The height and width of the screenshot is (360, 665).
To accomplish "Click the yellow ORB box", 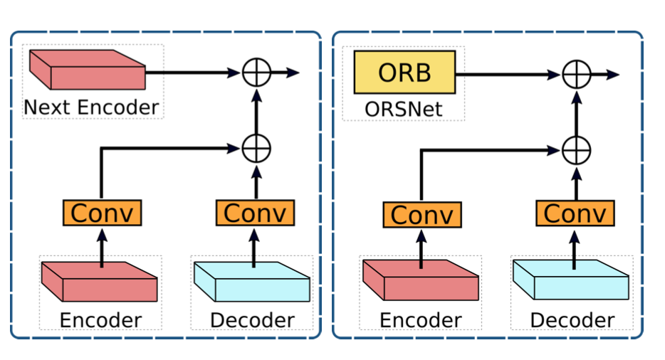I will (x=404, y=75).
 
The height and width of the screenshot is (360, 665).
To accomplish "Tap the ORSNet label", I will (x=404, y=109).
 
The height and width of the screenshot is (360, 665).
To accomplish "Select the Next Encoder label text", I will (x=91, y=107).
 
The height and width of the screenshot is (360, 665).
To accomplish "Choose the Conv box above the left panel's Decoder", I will (x=255, y=212).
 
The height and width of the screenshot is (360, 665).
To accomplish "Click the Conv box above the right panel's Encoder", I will (x=422, y=214).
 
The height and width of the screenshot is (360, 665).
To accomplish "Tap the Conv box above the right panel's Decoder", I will (x=575, y=213).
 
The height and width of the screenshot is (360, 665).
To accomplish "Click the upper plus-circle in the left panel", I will (x=256, y=73).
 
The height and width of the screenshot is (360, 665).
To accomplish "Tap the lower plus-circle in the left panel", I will (x=256, y=149).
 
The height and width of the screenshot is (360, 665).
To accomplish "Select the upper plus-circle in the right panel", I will (x=576, y=75).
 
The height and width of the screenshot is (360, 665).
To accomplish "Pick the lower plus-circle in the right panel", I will (x=576, y=150).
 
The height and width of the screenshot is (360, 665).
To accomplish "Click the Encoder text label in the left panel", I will (x=100, y=320).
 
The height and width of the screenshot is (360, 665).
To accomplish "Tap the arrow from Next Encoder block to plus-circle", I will (x=192, y=72).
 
